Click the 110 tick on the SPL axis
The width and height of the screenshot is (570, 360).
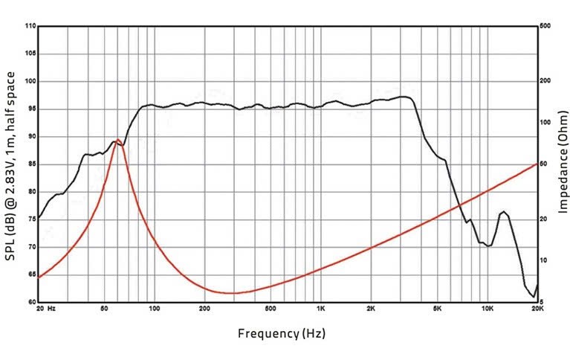pyautogui.click(x=30, y=27)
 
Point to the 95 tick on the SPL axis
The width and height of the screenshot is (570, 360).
pyautogui.click(x=30, y=109)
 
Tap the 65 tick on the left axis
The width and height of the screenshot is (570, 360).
pyautogui.click(x=30, y=275)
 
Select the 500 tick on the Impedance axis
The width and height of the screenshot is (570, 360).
pyautogui.click(x=545, y=27)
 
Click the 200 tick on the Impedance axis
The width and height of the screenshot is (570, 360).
pyautogui.click(x=545, y=81)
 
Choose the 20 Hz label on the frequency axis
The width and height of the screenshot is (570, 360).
pyautogui.click(x=46, y=308)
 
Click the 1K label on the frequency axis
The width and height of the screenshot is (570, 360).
pyautogui.click(x=320, y=308)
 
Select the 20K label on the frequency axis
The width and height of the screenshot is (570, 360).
pyautogui.click(x=537, y=308)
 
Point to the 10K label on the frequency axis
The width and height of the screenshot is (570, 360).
pyautogui.click(x=487, y=308)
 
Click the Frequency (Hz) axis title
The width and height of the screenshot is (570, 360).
pyautogui.click(x=282, y=333)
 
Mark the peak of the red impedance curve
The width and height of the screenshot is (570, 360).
pyautogui.click(x=119, y=139)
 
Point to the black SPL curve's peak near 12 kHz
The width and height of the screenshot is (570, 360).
pyautogui.click(x=504, y=212)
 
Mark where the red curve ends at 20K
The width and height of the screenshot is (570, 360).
pyautogui.click(x=537, y=163)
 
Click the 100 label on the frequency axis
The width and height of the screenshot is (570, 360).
pyautogui.click(x=154, y=308)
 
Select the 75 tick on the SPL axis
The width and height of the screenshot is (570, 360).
pyautogui.click(x=30, y=219)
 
